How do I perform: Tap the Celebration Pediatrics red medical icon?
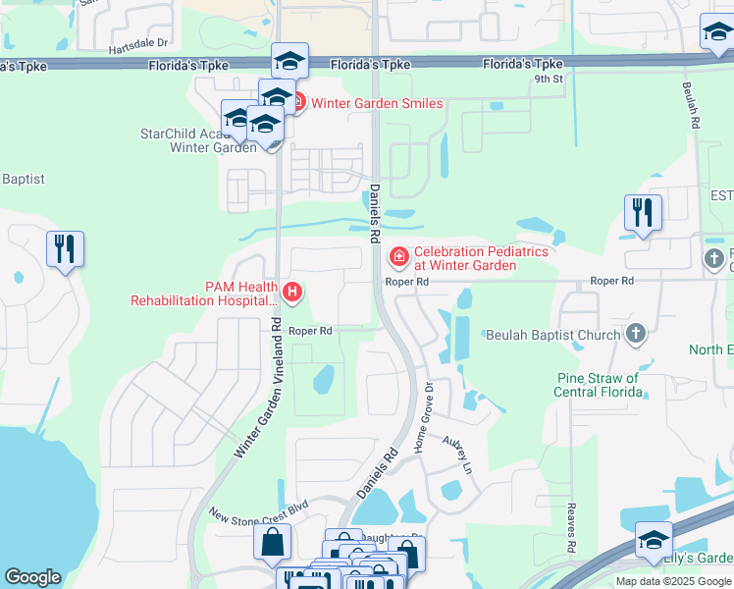398,258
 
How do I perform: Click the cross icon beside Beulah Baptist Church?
635,335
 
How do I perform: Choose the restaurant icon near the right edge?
643,213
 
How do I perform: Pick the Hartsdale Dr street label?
139,44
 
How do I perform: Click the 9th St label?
549,79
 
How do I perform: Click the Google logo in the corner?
32,577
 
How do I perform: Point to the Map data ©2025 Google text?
673,581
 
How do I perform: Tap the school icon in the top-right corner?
717,35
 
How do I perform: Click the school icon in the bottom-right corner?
654,541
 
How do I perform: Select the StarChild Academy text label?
186,134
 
